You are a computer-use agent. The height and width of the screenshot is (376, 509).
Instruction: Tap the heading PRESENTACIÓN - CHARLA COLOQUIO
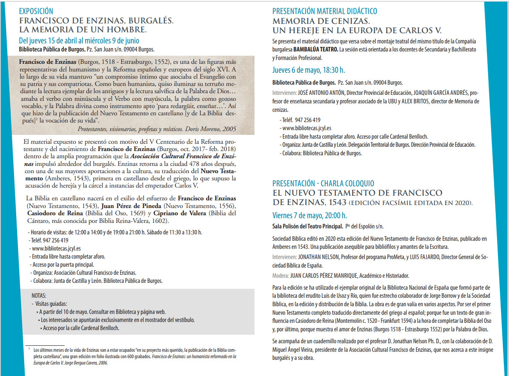323,183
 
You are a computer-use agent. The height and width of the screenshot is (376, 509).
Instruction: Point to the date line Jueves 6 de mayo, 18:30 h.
309,70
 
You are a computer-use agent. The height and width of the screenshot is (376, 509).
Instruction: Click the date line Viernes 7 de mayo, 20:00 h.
309,215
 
